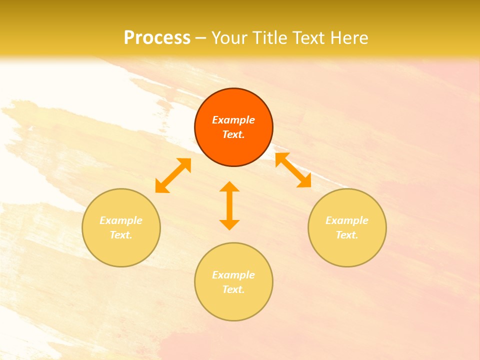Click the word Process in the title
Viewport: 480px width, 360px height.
(x=157, y=38)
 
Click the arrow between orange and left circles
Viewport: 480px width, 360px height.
(x=173, y=175)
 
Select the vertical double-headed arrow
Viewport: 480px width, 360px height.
(x=229, y=205)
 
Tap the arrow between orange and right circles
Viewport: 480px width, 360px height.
(x=293, y=170)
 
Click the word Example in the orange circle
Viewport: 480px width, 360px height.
(x=233, y=120)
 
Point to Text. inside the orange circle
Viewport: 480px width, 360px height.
(x=233, y=134)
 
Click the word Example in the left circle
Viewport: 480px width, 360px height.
(x=121, y=220)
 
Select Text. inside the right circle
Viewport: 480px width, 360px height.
(x=347, y=235)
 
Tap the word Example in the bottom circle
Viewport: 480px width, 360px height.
(x=233, y=275)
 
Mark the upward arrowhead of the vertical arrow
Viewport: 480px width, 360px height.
(x=229, y=187)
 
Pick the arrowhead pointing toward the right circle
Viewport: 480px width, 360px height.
(x=304, y=181)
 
